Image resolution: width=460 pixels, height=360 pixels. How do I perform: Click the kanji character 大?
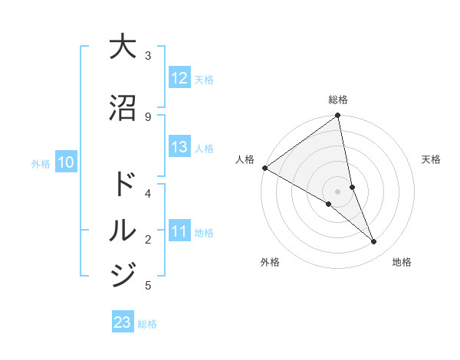123,47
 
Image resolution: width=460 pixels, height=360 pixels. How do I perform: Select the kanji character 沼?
123,108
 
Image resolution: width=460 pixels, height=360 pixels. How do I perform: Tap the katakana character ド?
123,185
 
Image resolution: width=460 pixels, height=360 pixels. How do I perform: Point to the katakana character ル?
123,229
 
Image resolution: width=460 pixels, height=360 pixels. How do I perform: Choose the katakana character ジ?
123,273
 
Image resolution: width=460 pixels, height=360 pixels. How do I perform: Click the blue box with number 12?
179,78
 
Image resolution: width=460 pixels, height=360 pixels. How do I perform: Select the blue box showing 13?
179,148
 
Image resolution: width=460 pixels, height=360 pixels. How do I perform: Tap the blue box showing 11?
179,231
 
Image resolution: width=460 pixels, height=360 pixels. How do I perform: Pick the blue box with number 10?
66,162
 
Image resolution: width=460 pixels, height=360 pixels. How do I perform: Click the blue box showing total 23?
123,322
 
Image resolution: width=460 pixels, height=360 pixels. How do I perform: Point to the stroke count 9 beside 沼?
148,116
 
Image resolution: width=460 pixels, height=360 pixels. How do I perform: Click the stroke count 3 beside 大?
148,55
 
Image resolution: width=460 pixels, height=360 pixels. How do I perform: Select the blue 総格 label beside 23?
147,324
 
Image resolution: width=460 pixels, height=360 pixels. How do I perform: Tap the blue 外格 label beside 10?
41,163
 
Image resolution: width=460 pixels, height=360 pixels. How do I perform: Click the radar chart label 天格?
431,159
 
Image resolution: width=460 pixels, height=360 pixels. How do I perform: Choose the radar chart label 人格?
245,159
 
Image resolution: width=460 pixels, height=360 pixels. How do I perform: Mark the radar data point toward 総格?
338,116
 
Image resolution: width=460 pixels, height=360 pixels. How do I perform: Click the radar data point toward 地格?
374,242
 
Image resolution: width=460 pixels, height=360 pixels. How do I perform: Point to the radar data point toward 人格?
264,168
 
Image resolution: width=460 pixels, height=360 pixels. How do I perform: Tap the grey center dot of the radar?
337,191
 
